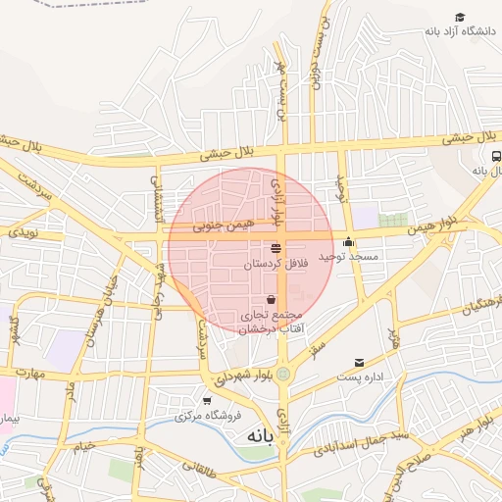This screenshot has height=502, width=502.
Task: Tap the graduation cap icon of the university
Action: click(x=459, y=18)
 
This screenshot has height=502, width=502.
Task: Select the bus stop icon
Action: click(x=496, y=156)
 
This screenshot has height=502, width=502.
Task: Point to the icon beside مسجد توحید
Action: click(x=349, y=242)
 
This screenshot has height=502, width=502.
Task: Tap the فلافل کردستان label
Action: click(x=276, y=265)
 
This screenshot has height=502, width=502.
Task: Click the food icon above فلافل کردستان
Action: click(x=276, y=248)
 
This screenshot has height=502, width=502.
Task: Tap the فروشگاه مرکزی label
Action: click(x=208, y=416)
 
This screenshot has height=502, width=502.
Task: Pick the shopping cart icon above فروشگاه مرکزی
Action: click(x=207, y=400)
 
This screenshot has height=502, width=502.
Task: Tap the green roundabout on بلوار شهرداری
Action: click(x=283, y=373)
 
